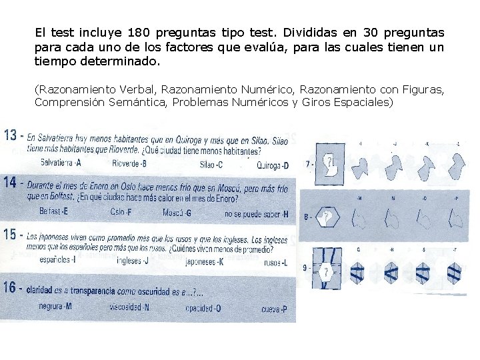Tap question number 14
click(x=11, y=181)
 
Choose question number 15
click(x=11, y=235)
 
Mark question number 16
click(x=11, y=287)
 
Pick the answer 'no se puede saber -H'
click(x=256, y=214)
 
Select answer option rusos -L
click(x=275, y=263)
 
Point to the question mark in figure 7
click(x=328, y=162)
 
